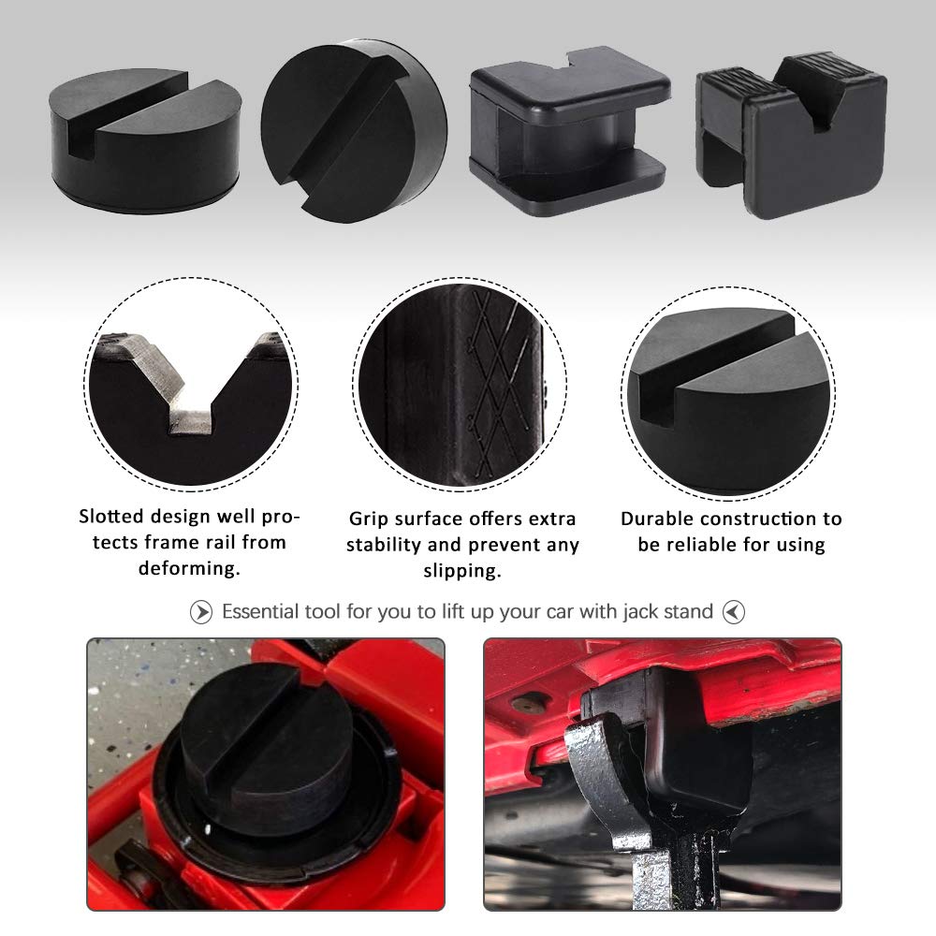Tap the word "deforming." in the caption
191,567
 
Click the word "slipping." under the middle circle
461,570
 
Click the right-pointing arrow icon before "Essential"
201,613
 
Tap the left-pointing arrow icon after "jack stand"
734,613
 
